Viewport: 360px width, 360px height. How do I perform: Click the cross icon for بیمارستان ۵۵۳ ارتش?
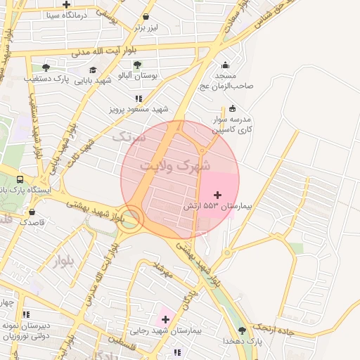(x=217, y=194)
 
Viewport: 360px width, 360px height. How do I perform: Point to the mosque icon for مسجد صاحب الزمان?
(x=226, y=65)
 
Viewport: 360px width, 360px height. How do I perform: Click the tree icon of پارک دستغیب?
(x=46, y=68)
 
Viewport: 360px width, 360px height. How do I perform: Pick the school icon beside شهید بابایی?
(x=94, y=70)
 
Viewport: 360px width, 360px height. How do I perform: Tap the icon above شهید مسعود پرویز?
(x=139, y=98)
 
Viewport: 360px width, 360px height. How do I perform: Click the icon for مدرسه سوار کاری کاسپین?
(x=233, y=108)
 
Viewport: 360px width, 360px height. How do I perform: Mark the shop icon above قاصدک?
(x=32, y=211)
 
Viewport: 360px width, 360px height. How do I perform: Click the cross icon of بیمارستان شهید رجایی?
(x=166, y=319)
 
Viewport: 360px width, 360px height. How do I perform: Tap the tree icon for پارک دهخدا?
(x=242, y=330)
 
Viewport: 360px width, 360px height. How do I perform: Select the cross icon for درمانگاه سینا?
(x=67, y=4)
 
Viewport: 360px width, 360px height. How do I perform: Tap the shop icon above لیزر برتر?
(x=146, y=16)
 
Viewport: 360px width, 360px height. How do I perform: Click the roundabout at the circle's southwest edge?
(x=131, y=218)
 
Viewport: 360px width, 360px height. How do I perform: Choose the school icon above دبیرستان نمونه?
(x=26, y=314)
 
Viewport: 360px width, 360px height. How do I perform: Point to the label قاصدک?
(x=32, y=221)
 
